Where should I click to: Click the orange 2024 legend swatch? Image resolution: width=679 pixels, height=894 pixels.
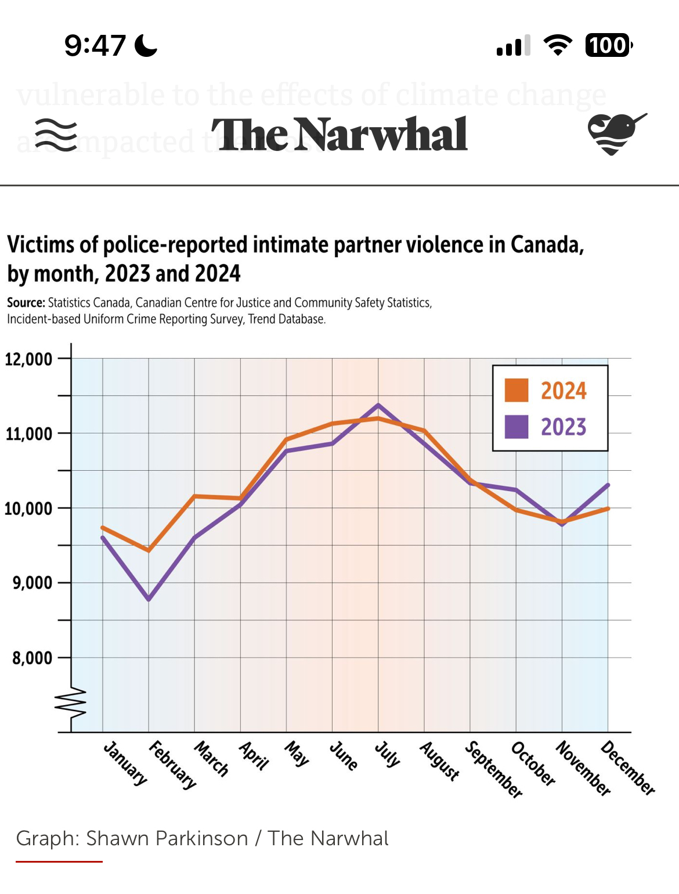point(516,390)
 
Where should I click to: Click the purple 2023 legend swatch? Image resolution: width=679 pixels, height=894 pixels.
point(516,427)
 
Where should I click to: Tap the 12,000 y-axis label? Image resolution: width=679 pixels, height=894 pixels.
point(28,359)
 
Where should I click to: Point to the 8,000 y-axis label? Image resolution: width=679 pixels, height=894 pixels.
point(32,658)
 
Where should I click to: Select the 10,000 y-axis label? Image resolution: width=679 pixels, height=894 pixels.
point(28,509)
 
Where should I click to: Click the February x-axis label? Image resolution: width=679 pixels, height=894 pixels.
point(172,765)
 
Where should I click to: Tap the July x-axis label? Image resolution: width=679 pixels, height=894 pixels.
point(387,754)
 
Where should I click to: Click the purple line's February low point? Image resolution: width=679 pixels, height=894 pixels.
point(149,599)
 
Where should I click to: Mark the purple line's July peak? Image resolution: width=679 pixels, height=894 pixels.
point(378,405)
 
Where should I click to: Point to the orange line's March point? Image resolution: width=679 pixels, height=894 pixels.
point(195,496)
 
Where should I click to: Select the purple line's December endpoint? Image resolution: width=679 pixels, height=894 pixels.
point(608,485)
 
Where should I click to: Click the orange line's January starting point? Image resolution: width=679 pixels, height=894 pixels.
point(103,528)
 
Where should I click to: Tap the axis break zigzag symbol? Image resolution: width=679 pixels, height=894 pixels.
point(71,702)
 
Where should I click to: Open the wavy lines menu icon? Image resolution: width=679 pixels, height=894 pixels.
point(56,135)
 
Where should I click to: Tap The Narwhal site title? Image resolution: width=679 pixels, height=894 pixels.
point(339,135)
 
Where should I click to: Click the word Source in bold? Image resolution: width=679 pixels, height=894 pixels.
point(26,302)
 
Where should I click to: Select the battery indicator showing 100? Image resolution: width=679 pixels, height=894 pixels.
point(608,45)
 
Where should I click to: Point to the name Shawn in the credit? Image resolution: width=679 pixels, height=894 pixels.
point(118,838)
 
